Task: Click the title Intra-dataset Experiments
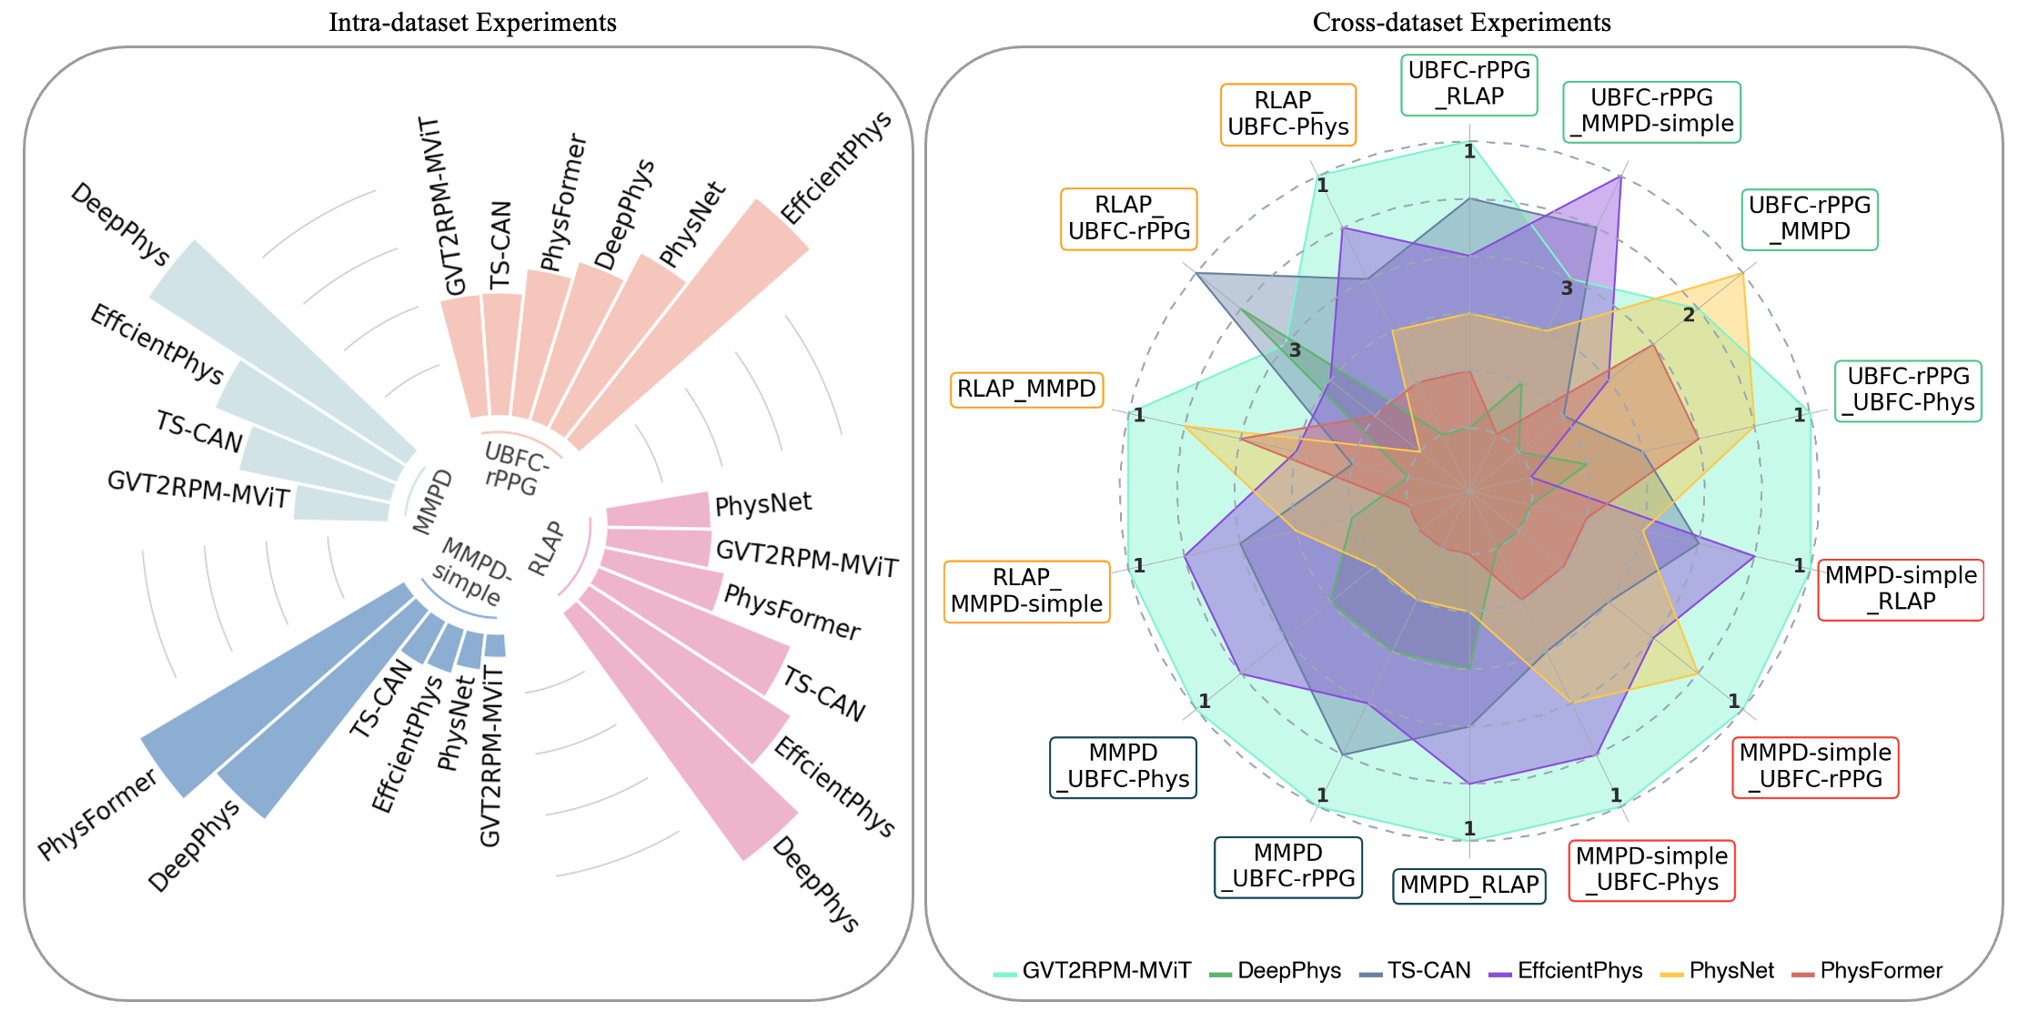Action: pos(472,22)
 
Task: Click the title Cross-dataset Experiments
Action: pos(1461,22)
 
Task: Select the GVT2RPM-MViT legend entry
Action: pos(1092,971)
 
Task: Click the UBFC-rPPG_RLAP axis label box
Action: pos(1468,84)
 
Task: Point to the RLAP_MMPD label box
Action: pos(1026,390)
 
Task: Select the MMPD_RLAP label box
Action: pos(1468,885)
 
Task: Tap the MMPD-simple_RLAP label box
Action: pos(1901,589)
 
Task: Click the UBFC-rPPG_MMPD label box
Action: pos(1810,218)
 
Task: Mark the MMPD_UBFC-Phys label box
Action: pos(1123,766)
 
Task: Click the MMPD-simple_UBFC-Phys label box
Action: pos(1651,870)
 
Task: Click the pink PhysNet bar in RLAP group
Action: pos(657,511)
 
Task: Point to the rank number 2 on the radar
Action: pos(1689,316)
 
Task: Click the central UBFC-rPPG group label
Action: pos(515,468)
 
